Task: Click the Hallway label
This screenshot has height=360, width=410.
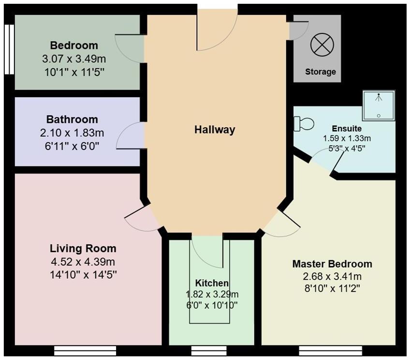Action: [x=215, y=130]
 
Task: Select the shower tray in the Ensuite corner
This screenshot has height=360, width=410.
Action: [x=379, y=105]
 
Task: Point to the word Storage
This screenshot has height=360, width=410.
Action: [x=320, y=72]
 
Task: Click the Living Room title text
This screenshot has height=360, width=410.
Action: [x=83, y=249]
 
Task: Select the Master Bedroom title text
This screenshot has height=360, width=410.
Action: [x=332, y=264]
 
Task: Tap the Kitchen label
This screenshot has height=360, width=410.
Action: [x=212, y=283]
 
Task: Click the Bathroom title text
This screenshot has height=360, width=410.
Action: [x=72, y=119]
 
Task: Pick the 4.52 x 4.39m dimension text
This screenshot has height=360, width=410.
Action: [x=83, y=262]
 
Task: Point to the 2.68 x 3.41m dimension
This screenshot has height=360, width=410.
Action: [x=332, y=277]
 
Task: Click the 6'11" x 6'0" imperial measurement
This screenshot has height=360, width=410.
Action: [x=72, y=145]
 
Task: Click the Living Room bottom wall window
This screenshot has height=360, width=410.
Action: [x=85, y=349]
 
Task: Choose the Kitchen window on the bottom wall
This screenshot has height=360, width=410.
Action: [x=209, y=349]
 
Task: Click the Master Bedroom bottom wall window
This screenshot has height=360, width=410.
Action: [x=319, y=349]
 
